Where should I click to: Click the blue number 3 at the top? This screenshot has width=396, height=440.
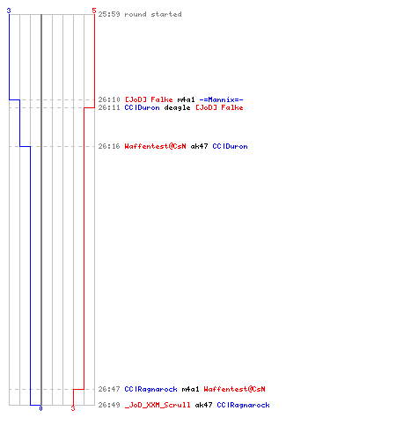click(x=9, y=11)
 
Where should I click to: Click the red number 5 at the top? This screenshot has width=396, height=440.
click(x=94, y=11)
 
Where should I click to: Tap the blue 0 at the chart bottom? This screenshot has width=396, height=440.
click(x=40, y=408)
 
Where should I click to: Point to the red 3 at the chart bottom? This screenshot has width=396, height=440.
click(x=73, y=408)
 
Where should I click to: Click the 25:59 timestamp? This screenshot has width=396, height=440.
click(x=109, y=14)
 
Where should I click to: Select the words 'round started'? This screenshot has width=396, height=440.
click(x=153, y=14)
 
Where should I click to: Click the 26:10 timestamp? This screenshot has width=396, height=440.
click(x=109, y=99)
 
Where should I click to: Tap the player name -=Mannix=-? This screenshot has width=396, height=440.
click(x=221, y=99)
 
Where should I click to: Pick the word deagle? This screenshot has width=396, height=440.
click(x=177, y=108)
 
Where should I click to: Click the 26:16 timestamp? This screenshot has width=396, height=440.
click(x=109, y=146)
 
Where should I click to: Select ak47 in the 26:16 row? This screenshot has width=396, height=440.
click(x=199, y=146)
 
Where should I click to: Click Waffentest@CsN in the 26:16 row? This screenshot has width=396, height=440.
click(x=155, y=146)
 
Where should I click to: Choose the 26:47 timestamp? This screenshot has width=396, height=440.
click(x=109, y=389)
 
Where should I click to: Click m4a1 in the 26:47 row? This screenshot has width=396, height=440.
click(x=190, y=389)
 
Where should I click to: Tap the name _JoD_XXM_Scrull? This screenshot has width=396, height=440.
click(x=158, y=405)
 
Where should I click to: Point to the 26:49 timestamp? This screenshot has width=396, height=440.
click(x=109, y=405)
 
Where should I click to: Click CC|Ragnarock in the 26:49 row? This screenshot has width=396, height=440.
click(x=243, y=405)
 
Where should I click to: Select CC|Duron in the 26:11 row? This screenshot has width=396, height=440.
click(x=142, y=107)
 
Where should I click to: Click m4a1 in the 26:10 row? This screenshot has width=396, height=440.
click(x=186, y=99)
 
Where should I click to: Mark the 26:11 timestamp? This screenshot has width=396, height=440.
click(x=109, y=107)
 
